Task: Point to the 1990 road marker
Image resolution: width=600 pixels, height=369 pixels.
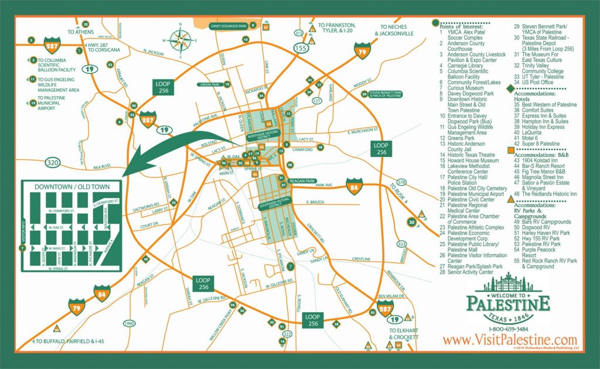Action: pyautogui.click(x=130, y=323)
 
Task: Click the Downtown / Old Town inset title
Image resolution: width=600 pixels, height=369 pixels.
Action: pyautogui.click(x=71, y=187)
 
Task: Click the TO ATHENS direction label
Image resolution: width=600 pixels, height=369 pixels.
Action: pyautogui.click(x=81, y=32)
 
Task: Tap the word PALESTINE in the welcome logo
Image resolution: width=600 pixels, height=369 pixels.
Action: pyautogui.click(x=508, y=303)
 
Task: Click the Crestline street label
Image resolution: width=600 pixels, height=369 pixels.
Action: pyautogui.click(x=361, y=258)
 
